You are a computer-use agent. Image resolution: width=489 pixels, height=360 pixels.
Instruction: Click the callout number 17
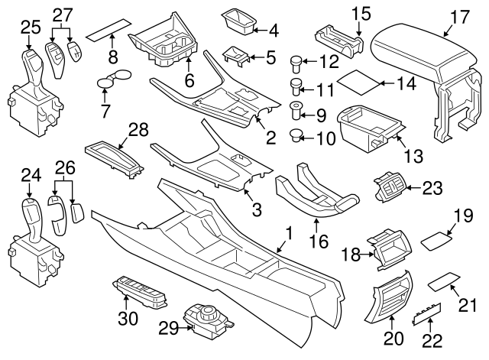(x=458, y=15)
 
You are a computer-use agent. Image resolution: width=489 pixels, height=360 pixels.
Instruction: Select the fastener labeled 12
(x=297, y=61)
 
